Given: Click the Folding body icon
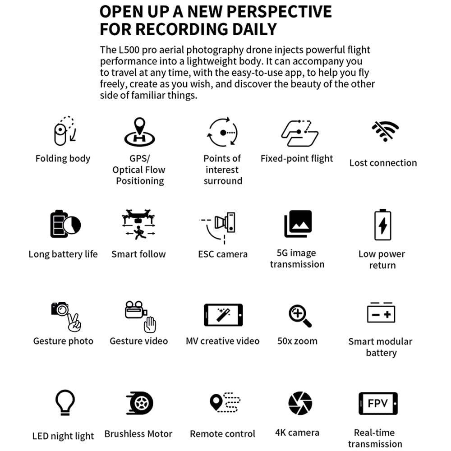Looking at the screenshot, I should point(64,131).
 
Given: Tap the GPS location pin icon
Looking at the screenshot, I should point(139,131).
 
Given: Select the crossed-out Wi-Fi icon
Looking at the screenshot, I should point(385,131).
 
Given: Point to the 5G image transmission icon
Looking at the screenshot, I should point(298,224).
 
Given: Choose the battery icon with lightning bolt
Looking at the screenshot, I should point(382,225).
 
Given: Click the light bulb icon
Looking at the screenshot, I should point(64,402).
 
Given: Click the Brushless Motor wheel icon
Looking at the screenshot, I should point(140,403).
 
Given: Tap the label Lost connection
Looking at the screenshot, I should point(383,163).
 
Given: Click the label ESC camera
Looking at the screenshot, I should point(223,254).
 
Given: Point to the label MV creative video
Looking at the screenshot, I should point(223,341).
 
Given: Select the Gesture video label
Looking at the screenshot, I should point(138,341).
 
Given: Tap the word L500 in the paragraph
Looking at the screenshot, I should point(128,50).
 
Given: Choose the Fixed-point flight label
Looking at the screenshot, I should point(297,159).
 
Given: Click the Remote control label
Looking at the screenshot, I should point(223,434).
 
